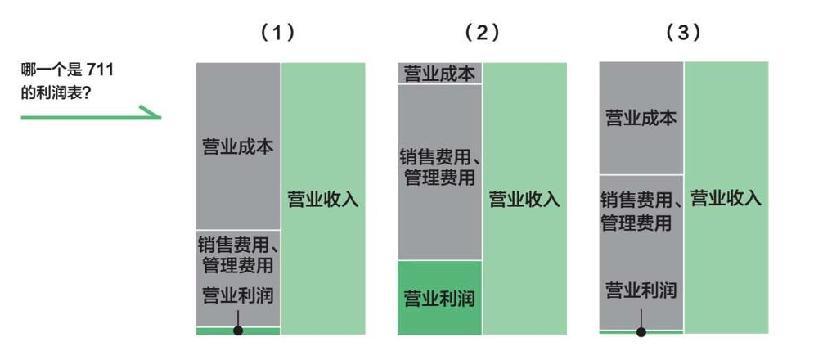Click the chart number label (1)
[277, 34]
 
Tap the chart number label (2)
[483, 34]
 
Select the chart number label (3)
[683, 34]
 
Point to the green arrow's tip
[160, 117]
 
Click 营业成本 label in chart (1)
[238, 147]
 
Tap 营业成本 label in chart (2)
[439, 74]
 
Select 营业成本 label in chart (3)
[641, 119]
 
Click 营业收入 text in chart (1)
[323, 199]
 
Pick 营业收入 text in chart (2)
[524, 199]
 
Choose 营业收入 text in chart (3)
[726, 198]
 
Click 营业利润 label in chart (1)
[238, 295]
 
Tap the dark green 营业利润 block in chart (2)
[439, 297]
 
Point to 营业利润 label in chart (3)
[641, 290]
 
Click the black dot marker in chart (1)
[238, 331]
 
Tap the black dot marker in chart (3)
[641, 332]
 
